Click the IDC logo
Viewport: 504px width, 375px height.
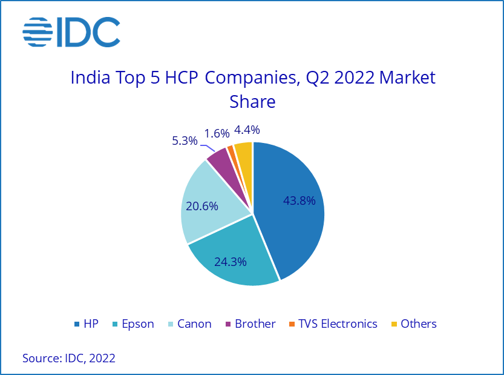(71, 32)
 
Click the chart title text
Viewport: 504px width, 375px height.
(253, 89)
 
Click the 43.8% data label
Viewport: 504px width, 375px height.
(299, 201)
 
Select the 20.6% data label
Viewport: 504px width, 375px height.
(203, 207)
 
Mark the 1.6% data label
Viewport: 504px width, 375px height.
(217, 133)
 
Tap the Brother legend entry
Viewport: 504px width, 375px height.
(249, 324)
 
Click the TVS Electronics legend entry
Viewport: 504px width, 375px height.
(332, 324)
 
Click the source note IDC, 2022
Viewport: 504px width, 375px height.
(69, 358)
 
